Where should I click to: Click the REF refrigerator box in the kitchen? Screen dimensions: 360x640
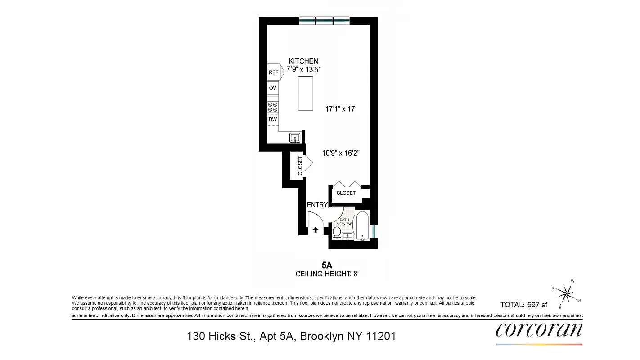(x=273, y=72)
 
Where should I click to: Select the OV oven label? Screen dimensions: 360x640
(x=273, y=88)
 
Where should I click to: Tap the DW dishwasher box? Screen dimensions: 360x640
(x=273, y=120)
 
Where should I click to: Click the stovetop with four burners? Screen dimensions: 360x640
(x=273, y=107)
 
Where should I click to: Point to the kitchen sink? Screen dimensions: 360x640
(x=295, y=138)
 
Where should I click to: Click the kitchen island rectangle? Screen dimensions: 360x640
(x=306, y=94)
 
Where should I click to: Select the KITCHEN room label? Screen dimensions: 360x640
(x=303, y=61)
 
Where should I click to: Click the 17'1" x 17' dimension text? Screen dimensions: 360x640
(x=341, y=109)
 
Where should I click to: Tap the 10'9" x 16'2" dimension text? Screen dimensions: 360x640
(x=340, y=153)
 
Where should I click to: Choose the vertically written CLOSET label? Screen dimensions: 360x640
(x=300, y=166)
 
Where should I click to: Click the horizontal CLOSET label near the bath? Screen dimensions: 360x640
(x=346, y=193)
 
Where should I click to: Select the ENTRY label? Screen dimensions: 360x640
(x=317, y=205)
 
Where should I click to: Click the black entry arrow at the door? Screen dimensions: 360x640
(x=315, y=230)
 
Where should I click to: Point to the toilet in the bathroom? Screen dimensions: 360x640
(x=337, y=233)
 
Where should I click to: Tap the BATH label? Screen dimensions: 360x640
(x=344, y=220)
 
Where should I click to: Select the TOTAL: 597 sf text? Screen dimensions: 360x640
(x=524, y=305)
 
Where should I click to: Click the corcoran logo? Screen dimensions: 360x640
(x=539, y=330)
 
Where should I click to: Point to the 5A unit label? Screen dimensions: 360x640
(x=326, y=265)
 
